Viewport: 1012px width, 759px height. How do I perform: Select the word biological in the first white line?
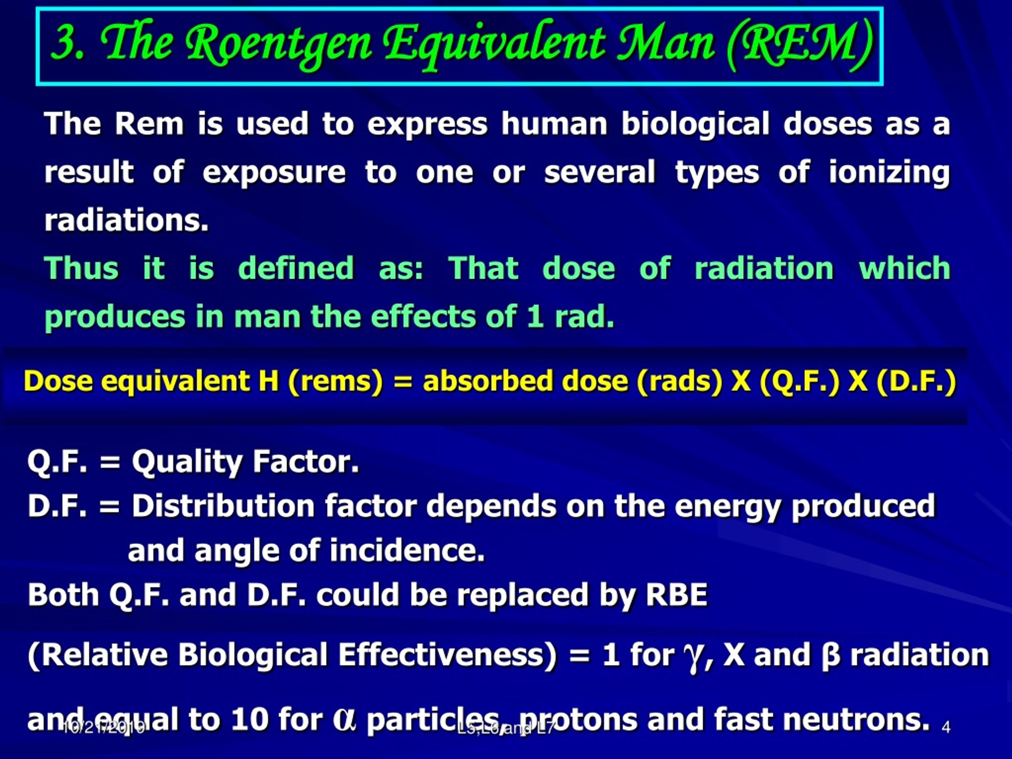[695, 124]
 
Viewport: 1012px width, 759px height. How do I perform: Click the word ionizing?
[889, 173]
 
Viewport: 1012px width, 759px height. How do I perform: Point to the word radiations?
[126, 220]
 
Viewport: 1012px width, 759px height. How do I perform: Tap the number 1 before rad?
[534, 317]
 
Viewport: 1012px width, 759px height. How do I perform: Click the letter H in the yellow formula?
[268, 381]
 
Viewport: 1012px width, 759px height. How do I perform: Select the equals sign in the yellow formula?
[402, 381]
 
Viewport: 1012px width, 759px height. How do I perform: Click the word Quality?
[187, 462]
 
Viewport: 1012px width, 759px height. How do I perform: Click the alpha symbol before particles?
[344, 719]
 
